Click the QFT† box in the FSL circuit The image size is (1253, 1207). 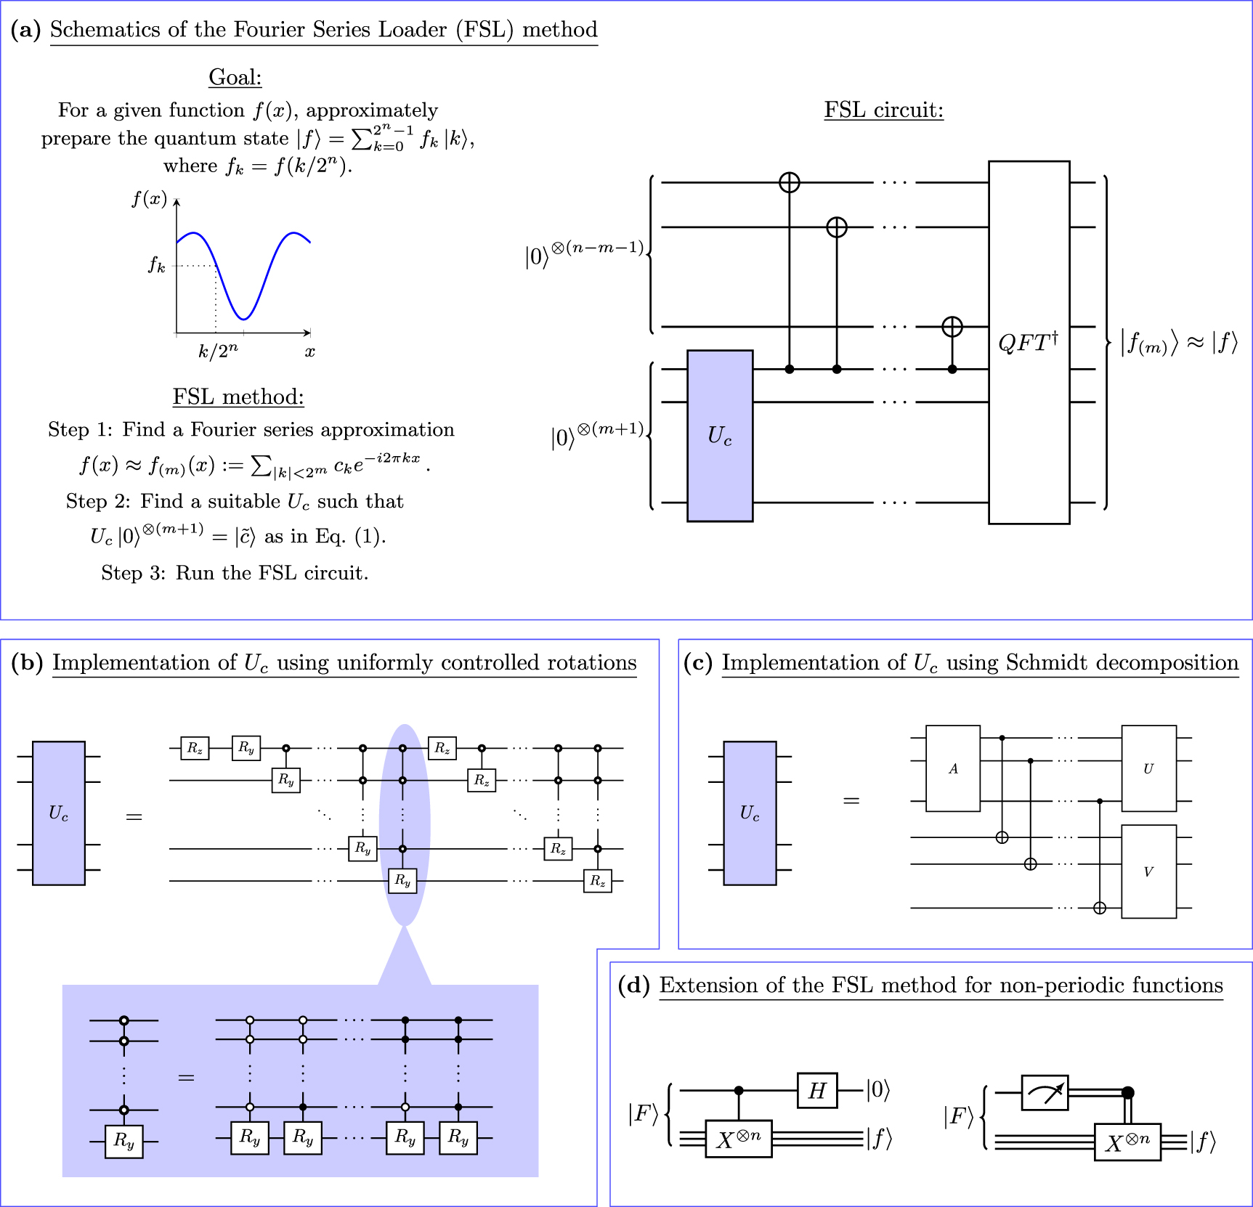coord(1029,342)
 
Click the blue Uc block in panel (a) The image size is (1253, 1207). coord(719,436)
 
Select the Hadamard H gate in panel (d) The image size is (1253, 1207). coord(817,1090)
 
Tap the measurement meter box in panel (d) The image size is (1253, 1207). coord(1045,1093)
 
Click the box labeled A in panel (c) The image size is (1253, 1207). coord(953,768)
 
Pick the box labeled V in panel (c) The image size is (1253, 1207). coord(1148,871)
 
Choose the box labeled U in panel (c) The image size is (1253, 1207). coord(1148,768)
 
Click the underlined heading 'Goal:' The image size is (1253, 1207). coord(235,77)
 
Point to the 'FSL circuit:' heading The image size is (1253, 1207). coord(883,110)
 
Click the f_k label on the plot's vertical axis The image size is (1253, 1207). coord(156,265)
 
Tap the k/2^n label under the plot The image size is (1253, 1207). coord(217,351)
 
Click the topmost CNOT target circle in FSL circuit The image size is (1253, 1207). coord(789,182)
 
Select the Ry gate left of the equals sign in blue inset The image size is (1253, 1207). coord(123,1141)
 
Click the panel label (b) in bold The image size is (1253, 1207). coord(27,662)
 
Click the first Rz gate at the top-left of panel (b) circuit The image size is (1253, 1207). coord(195,748)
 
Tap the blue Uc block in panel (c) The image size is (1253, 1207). coord(750,813)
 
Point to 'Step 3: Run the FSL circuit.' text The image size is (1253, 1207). coord(235,573)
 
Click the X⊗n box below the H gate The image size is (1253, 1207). coord(738,1138)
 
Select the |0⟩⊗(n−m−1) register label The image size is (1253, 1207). coord(584,254)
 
